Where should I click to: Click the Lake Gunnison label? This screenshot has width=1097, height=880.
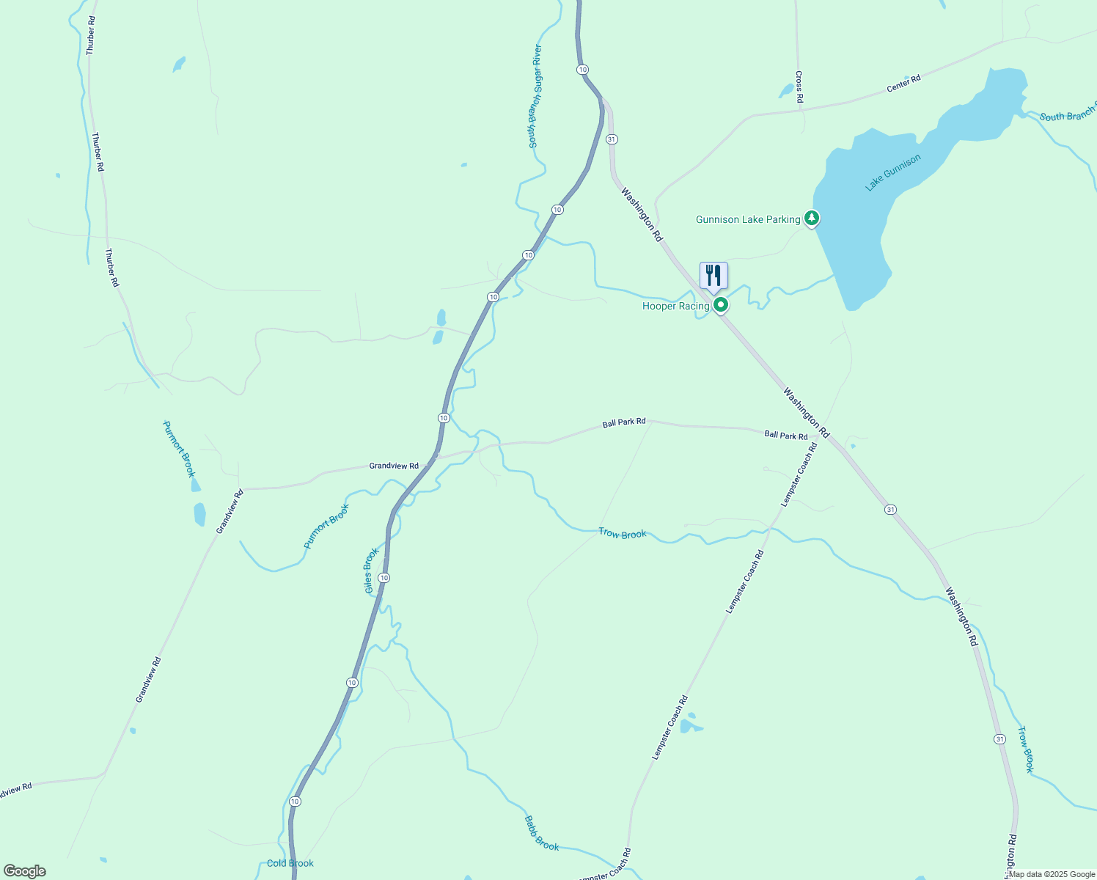(892, 172)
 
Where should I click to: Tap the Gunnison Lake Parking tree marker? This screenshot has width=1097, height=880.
(811, 218)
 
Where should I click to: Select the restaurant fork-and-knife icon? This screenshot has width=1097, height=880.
(713, 276)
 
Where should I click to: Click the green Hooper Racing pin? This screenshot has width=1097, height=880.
(721, 304)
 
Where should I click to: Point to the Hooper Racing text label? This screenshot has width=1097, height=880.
(675, 306)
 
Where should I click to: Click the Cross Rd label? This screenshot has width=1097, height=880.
(799, 87)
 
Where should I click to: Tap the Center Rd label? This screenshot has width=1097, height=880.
(903, 84)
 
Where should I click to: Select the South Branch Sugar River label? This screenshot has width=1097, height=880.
(536, 96)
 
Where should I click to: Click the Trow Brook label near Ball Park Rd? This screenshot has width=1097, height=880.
(623, 533)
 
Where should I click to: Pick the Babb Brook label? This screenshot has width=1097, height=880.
(542, 833)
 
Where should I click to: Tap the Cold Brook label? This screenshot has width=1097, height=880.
(290, 863)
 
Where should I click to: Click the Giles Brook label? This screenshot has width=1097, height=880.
(372, 570)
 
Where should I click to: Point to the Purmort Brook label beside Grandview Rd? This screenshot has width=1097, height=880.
(326, 526)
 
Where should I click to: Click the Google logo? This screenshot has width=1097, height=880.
(25, 871)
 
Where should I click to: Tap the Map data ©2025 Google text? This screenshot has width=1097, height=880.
(1052, 874)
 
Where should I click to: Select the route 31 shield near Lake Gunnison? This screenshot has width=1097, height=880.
(612, 139)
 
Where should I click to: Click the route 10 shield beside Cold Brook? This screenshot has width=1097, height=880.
(295, 801)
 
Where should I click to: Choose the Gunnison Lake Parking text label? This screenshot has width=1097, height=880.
(747, 219)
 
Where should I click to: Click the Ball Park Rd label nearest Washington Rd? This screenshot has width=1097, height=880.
(785, 435)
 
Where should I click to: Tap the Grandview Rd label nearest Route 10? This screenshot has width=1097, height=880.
(394, 466)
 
